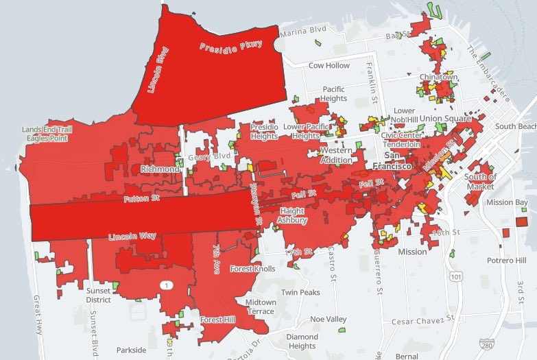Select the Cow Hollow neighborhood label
click(329, 66)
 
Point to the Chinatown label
click(440, 77)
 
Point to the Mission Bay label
click(508, 202)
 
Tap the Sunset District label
click(99, 295)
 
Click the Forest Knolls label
click(252, 269)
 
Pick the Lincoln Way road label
click(132, 237)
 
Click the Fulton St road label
click(141, 200)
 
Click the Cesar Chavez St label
click(423, 320)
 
